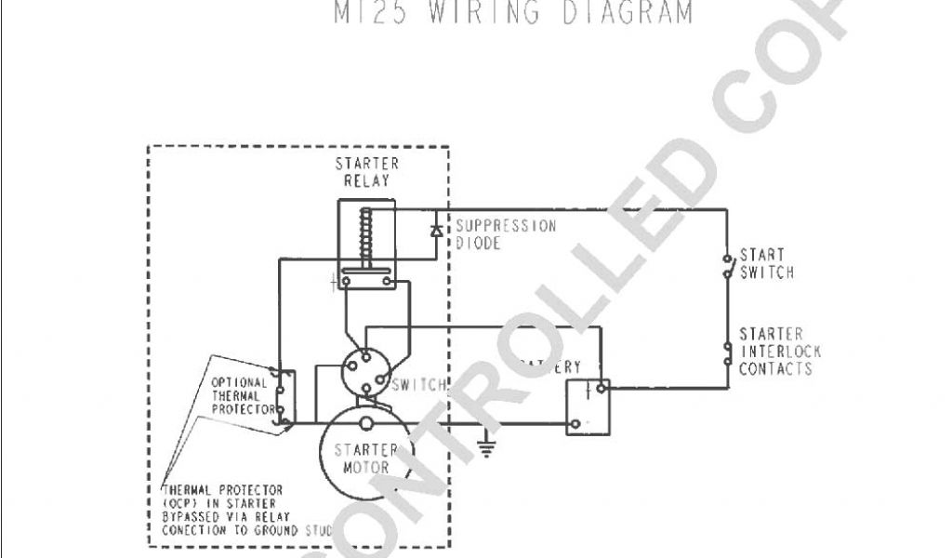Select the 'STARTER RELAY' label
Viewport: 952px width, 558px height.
[x=366, y=172]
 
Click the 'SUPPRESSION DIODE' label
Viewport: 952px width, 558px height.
[x=506, y=234]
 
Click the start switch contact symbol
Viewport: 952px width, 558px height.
[x=726, y=265]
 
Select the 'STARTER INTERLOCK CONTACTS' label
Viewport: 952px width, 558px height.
[x=775, y=351]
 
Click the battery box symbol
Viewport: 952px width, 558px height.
[x=588, y=405]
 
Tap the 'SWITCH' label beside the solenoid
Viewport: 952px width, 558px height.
[x=419, y=385]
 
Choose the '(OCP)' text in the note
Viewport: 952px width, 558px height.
[x=180, y=503]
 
